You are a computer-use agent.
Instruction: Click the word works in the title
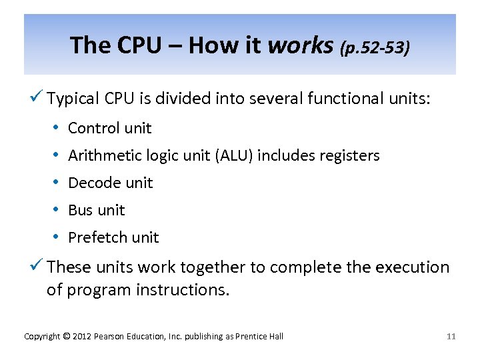300,45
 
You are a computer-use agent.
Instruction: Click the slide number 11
451,336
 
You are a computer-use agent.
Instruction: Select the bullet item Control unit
110,128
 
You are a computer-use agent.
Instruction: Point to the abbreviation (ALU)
231,156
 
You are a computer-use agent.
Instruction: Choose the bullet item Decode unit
111,183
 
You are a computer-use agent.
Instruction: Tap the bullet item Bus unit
97,210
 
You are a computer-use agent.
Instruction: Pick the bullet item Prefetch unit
113,237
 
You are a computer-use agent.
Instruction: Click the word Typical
74,100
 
